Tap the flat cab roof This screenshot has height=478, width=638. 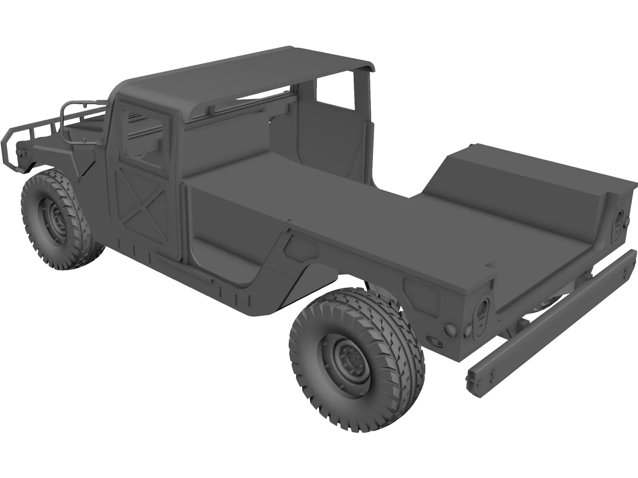coord(239,80)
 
